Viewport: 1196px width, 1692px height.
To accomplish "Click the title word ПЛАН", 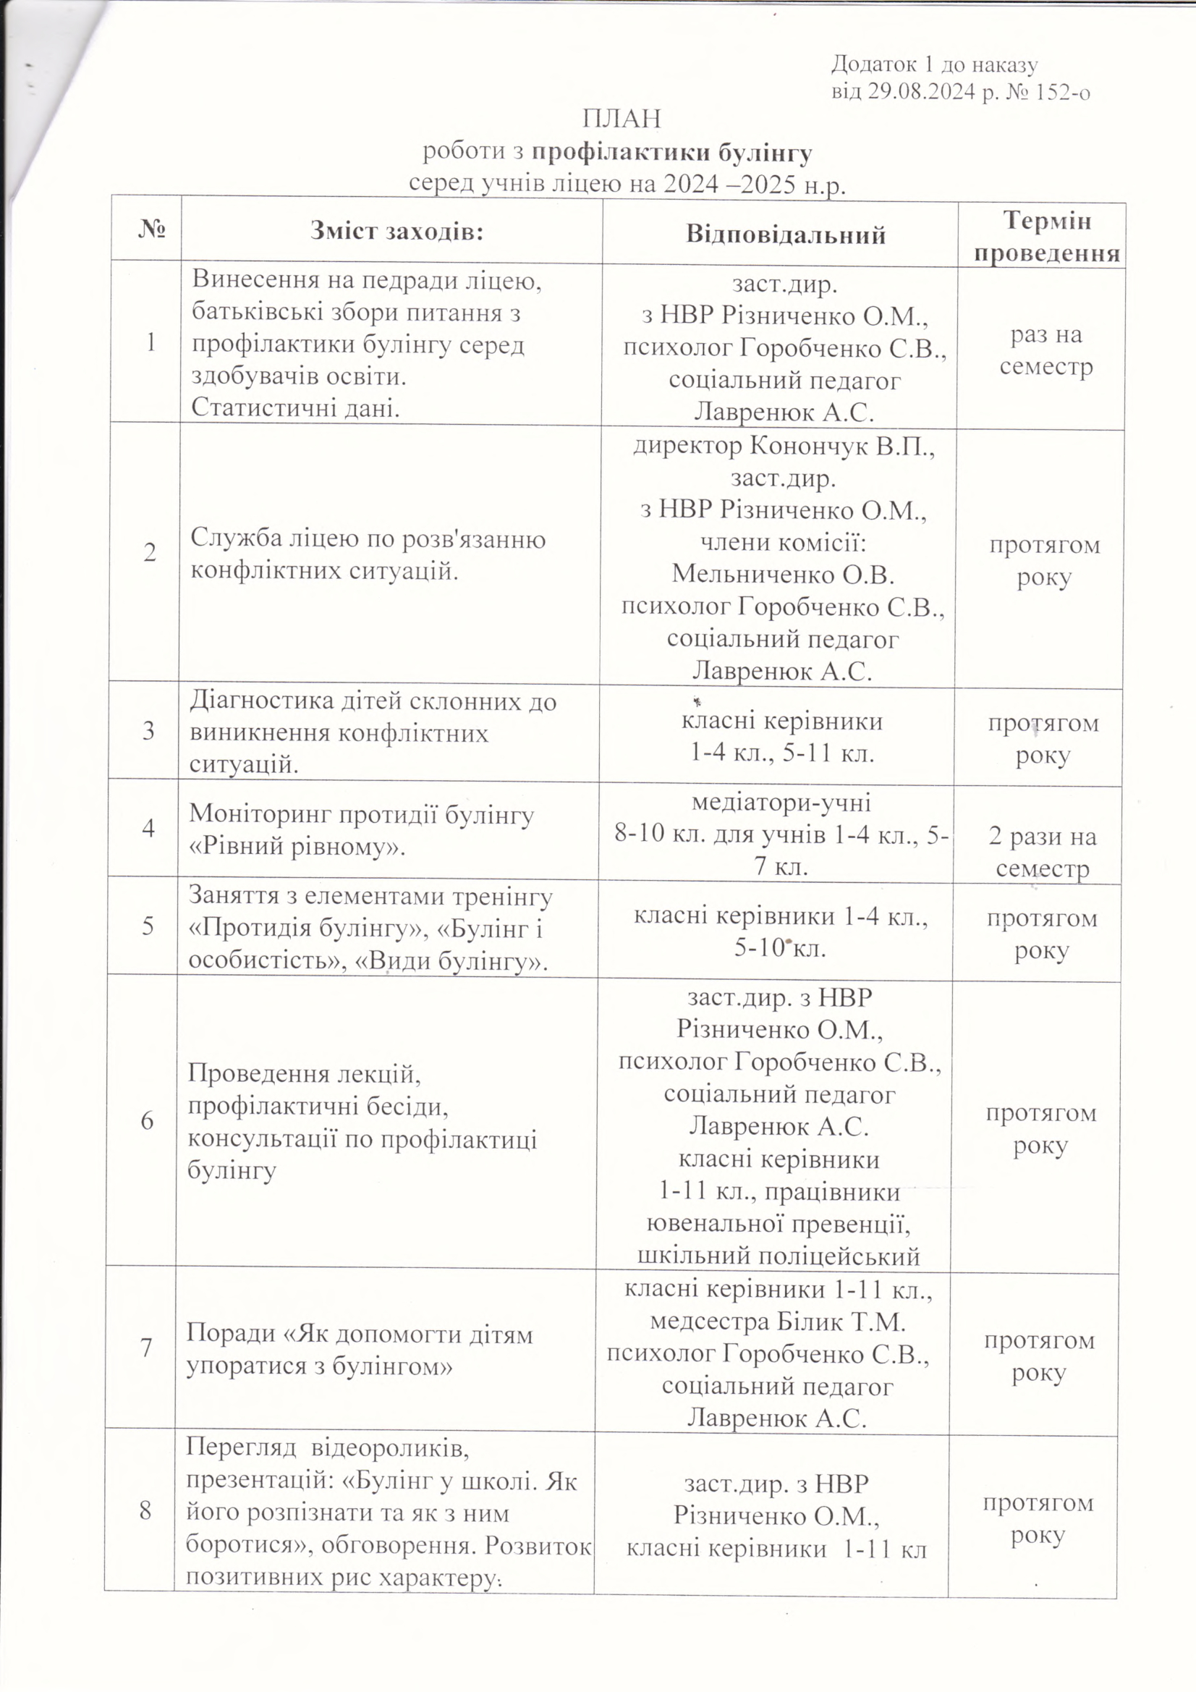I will pyautogui.click(x=622, y=118).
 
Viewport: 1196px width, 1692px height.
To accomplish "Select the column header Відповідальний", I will pyautogui.click(x=786, y=235).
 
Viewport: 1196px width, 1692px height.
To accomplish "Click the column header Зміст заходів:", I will pyautogui.click(x=396, y=232).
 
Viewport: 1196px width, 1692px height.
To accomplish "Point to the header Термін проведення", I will pyautogui.click(x=1046, y=237).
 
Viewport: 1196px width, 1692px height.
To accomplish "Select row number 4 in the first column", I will pyautogui.click(x=148, y=829).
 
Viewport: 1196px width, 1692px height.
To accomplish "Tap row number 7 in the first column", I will pyautogui.click(x=146, y=1348).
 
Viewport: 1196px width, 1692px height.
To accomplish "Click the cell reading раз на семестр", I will pyautogui.click(x=1046, y=352).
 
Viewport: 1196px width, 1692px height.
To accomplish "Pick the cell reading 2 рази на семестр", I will pyautogui.click(x=1042, y=853).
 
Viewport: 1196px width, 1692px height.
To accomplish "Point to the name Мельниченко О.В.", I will pyautogui.click(x=784, y=574).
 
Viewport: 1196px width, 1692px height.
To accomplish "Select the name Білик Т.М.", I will pyautogui.click(x=841, y=1322).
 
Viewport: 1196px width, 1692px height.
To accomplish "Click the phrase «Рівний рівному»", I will pyautogui.click(x=297, y=847).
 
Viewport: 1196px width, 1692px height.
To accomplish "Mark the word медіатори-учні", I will pyautogui.click(x=781, y=802).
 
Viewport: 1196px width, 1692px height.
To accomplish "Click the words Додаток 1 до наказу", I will pyautogui.click(x=934, y=65).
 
